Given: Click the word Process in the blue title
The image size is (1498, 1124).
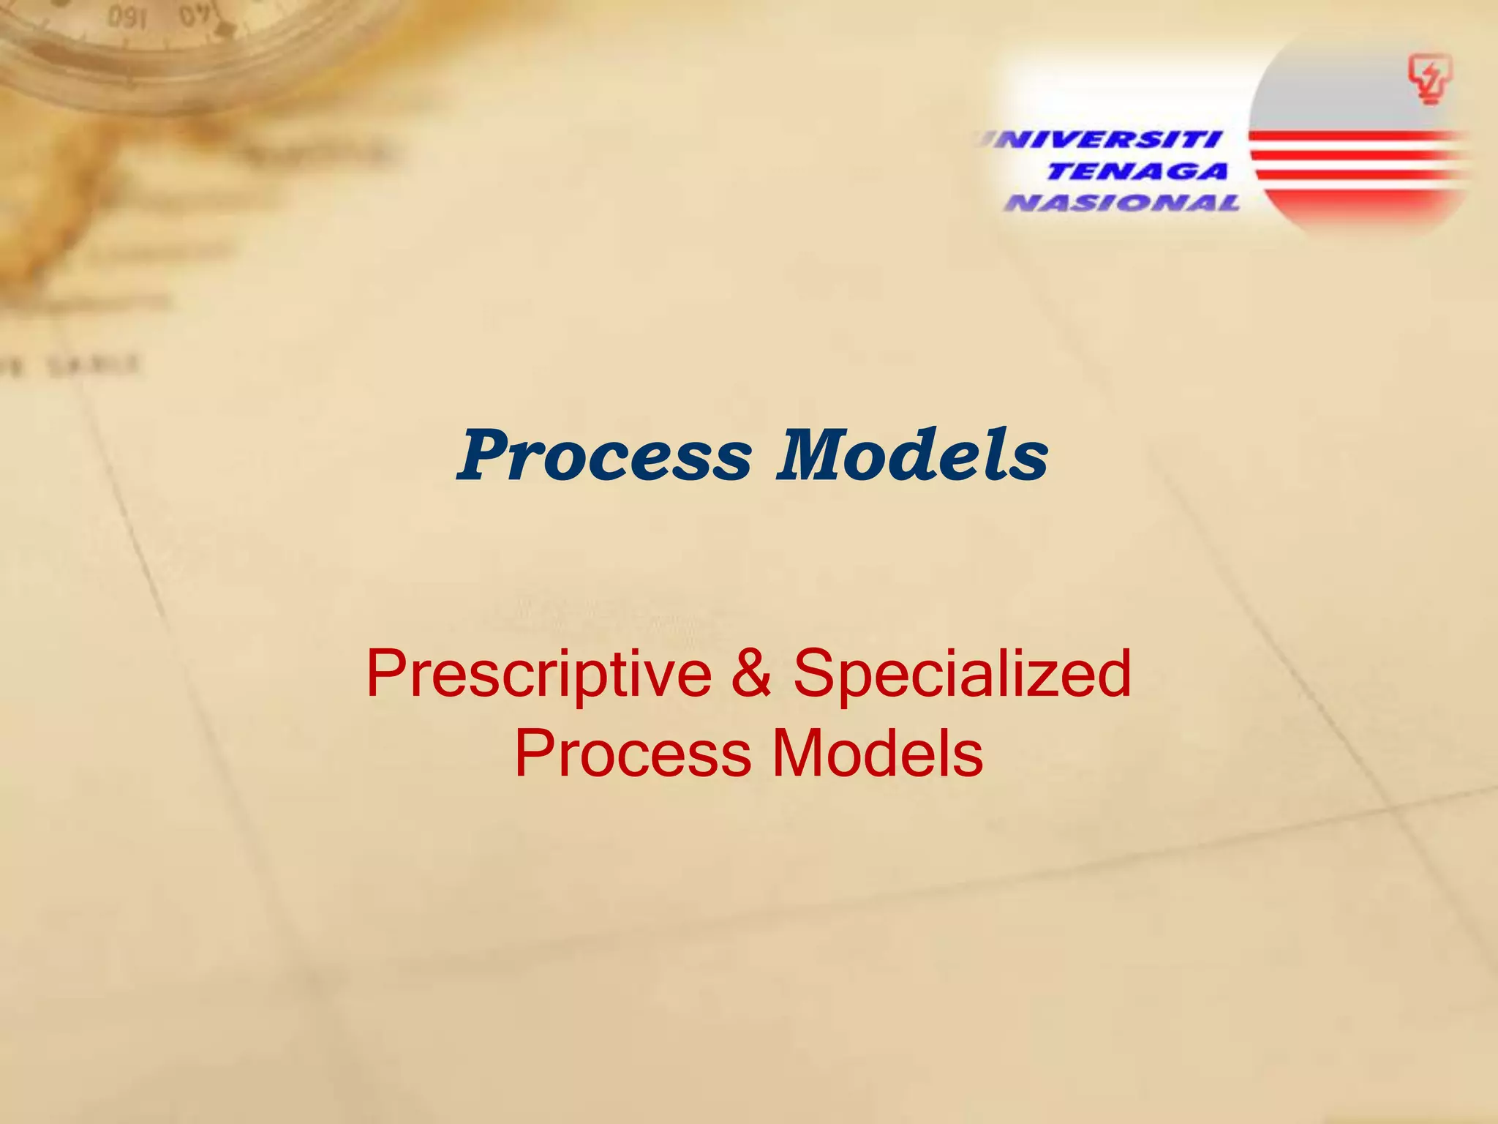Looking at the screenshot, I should point(604,457).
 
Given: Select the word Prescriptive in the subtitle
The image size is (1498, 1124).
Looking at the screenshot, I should point(538,675).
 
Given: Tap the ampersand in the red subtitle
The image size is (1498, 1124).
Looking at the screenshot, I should point(751,673).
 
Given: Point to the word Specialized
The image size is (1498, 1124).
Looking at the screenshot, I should point(963,673).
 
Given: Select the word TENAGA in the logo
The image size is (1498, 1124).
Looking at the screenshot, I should point(1137,172).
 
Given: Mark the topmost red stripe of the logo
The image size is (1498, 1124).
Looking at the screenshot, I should point(1353,136).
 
